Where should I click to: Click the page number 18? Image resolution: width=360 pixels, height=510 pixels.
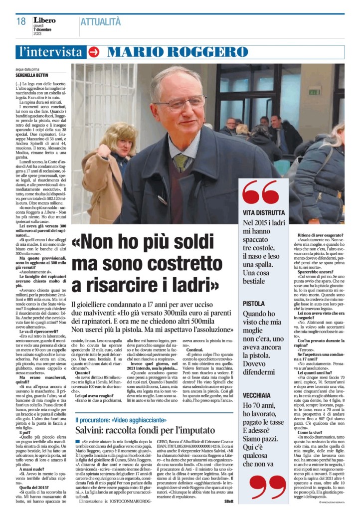(20, 21)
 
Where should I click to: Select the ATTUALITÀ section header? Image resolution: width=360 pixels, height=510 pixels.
(101, 21)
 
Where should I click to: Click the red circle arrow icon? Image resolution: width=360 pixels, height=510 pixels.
(94, 52)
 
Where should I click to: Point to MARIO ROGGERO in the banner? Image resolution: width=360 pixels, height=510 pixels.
(178, 52)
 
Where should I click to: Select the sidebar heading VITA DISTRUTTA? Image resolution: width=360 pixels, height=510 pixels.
(264, 212)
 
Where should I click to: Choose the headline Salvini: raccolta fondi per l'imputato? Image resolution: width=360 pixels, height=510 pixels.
(142, 429)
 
